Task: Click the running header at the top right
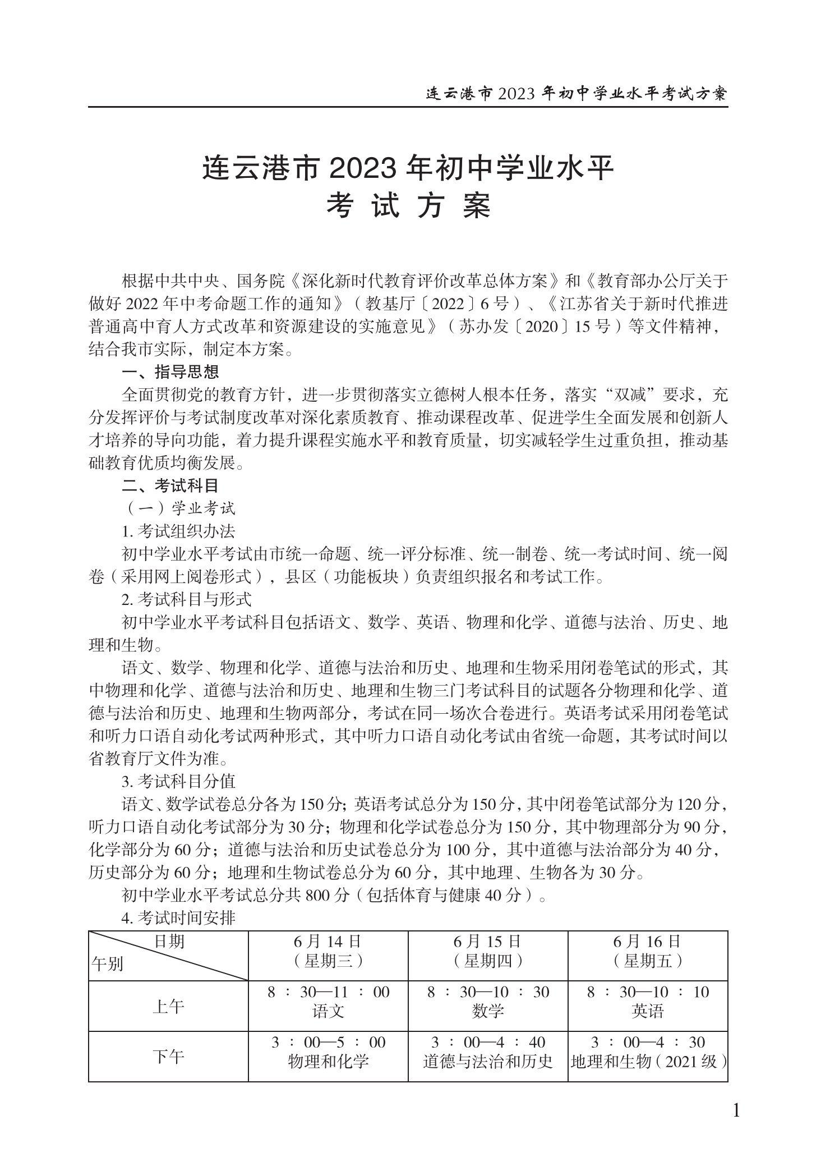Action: click(x=577, y=93)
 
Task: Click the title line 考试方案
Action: click(x=409, y=207)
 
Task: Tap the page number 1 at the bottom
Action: click(x=736, y=1110)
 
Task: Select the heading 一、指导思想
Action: click(x=170, y=371)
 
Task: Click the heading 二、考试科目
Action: click(x=170, y=485)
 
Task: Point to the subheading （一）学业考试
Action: click(x=179, y=508)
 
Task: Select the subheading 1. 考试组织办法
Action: click(x=178, y=531)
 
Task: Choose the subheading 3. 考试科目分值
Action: click(x=178, y=781)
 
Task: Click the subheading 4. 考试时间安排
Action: click(x=178, y=919)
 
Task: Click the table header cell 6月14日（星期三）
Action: click(x=328, y=952)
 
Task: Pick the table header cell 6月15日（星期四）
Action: click(x=488, y=952)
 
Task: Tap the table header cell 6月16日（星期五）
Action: click(x=648, y=952)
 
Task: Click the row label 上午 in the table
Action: click(x=168, y=1007)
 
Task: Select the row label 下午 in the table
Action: click(x=168, y=1057)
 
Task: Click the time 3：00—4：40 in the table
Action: click(x=488, y=1043)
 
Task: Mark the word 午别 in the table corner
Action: click(x=107, y=965)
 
